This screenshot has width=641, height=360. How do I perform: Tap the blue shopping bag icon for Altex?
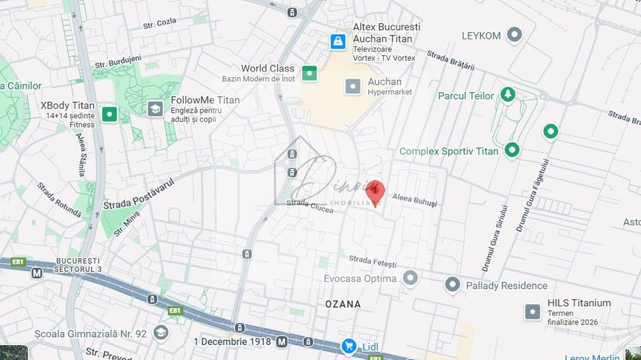(x=338, y=42)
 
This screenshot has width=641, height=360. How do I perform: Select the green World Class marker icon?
(x=310, y=73)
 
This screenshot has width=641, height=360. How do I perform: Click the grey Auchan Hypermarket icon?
(x=353, y=86)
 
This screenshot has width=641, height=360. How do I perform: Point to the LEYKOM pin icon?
(x=514, y=34)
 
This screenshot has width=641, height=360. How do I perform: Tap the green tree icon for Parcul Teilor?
(x=507, y=94)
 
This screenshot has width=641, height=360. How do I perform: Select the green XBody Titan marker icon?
(x=109, y=113)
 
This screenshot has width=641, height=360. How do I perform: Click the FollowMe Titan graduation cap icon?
(x=155, y=109)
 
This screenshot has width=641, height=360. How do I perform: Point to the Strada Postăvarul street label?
(x=139, y=194)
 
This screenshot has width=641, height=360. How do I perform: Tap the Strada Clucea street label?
(x=310, y=205)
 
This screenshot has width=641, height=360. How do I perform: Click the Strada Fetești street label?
(x=372, y=260)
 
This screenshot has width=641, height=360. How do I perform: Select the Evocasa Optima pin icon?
(x=410, y=278)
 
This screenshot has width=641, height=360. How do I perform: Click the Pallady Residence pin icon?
(x=452, y=285)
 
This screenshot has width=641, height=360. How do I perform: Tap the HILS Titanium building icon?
(x=533, y=311)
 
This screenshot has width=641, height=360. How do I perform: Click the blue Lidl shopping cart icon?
(x=349, y=346)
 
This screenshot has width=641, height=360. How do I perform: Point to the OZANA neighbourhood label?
(x=342, y=304)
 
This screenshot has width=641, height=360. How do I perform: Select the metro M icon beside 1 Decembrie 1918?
(x=282, y=341)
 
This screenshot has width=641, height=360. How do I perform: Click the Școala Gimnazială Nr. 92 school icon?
(x=161, y=333)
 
